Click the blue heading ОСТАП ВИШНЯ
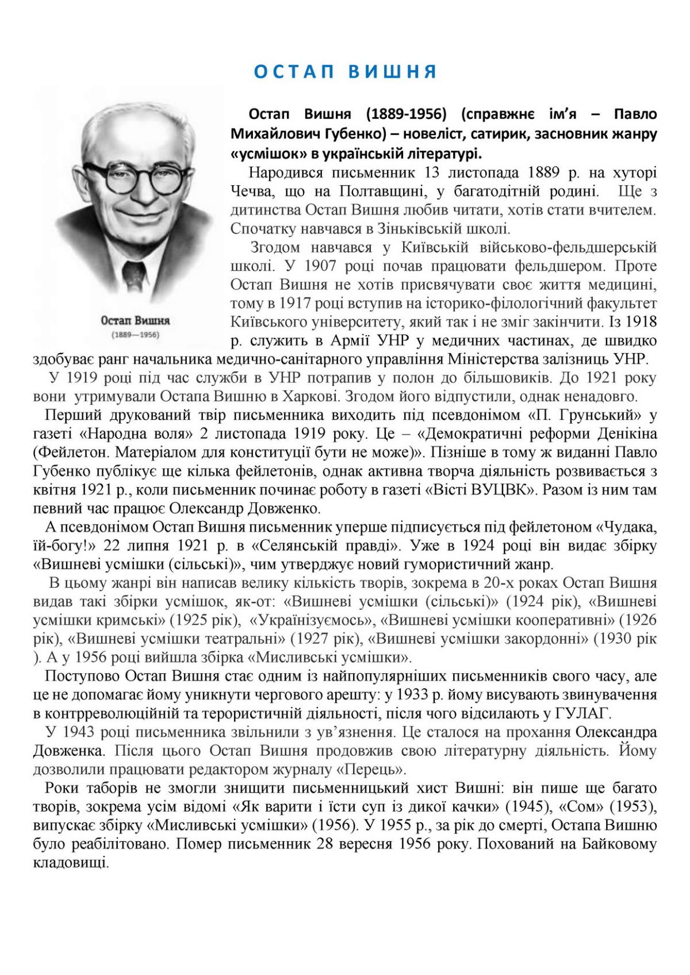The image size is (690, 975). point(345,72)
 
